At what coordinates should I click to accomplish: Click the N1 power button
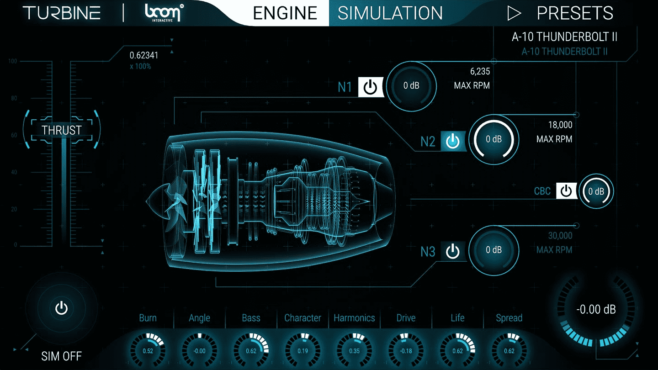click(370, 87)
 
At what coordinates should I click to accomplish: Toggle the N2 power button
click(452, 141)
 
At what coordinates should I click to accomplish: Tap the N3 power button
click(452, 251)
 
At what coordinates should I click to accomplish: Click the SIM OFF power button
click(62, 308)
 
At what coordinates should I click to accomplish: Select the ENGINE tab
click(285, 13)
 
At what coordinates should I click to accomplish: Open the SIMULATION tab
click(390, 13)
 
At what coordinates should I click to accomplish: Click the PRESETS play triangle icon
click(514, 14)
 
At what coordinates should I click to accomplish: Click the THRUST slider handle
click(62, 130)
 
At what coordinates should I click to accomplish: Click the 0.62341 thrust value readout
click(144, 56)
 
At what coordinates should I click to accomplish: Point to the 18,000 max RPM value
click(560, 125)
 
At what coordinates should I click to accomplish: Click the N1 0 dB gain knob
click(411, 86)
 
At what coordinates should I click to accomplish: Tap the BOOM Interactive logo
click(163, 13)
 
